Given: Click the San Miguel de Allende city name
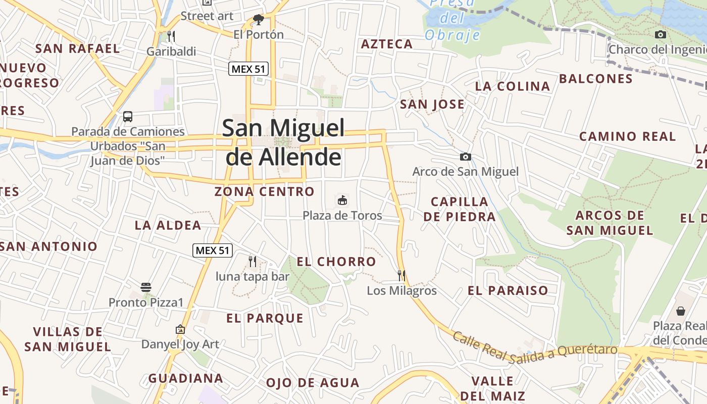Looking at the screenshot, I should (x=283, y=142).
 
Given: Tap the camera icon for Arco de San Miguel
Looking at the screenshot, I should (x=466, y=157).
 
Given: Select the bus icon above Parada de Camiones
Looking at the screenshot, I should (x=128, y=117).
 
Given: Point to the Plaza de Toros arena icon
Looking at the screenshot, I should (x=342, y=200).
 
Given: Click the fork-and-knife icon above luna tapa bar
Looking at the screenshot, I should (x=252, y=261).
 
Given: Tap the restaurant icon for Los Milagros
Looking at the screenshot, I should (x=401, y=275).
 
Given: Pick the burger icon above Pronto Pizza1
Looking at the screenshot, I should (x=146, y=287).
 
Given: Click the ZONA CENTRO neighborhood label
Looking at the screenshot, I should (x=264, y=192).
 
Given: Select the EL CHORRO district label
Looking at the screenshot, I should (x=336, y=262).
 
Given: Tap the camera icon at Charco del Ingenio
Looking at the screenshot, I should (x=660, y=34).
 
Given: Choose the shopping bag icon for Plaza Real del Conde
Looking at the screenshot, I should (x=681, y=311).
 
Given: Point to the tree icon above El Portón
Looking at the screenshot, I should (x=259, y=20).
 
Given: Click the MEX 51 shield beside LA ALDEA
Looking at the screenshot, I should (x=213, y=250).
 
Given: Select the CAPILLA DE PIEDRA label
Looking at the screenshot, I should (x=460, y=209).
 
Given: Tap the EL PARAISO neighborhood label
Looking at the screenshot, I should (x=508, y=291).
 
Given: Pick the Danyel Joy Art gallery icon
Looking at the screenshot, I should (x=180, y=329).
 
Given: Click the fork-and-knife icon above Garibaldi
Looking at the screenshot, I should (x=171, y=36).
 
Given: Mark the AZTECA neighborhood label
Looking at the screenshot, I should (x=387, y=44).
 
